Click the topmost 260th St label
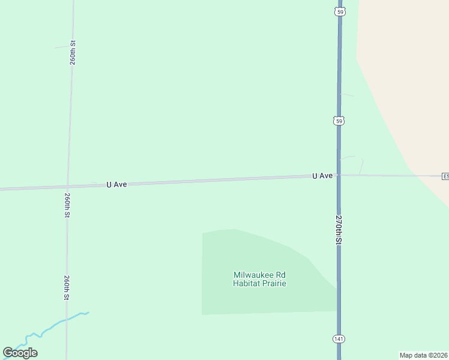72,53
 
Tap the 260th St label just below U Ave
67,205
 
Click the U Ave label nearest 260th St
116,185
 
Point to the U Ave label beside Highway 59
322,176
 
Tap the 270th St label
339,229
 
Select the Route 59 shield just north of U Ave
339,121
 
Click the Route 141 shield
339,339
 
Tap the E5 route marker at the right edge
445,176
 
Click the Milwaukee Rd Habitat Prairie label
259,279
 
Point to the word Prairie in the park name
274,283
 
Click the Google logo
20,353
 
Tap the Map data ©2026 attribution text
424,355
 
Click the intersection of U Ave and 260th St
67,187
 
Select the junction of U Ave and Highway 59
339,175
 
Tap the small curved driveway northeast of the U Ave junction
354,158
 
